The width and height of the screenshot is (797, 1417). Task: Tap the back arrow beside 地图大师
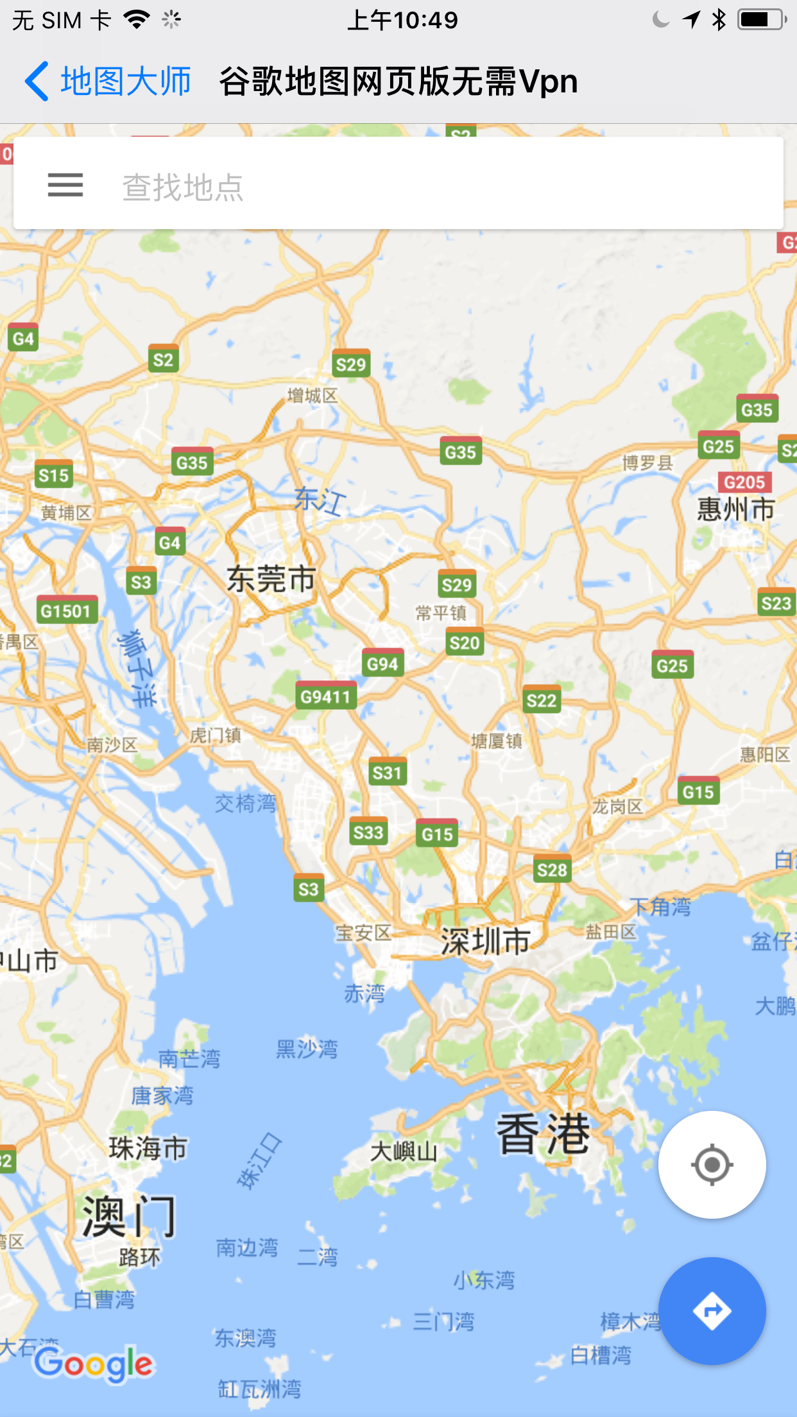(x=37, y=82)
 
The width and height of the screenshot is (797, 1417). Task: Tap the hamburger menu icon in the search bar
(x=65, y=185)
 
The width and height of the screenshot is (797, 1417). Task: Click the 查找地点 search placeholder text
(x=183, y=187)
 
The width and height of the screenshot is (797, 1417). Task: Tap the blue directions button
(x=712, y=1311)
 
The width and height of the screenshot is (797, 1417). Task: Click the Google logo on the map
(x=94, y=1364)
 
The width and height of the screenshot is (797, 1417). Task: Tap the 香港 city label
(x=543, y=1135)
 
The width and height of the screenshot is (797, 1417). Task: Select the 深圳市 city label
(x=485, y=941)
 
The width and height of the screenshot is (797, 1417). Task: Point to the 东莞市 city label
(x=271, y=580)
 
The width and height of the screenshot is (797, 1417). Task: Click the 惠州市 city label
(x=735, y=510)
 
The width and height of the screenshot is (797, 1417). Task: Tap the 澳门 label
(x=128, y=1215)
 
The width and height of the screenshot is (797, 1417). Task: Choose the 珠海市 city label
(x=148, y=1148)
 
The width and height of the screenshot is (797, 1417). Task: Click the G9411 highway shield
(x=326, y=696)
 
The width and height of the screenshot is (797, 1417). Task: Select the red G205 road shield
(x=744, y=482)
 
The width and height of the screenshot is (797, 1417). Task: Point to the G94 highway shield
(x=383, y=664)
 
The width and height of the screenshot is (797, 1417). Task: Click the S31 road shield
(x=387, y=773)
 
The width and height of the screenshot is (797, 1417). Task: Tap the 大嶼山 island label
(x=404, y=1151)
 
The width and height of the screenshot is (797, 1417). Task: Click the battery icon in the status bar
(x=761, y=20)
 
